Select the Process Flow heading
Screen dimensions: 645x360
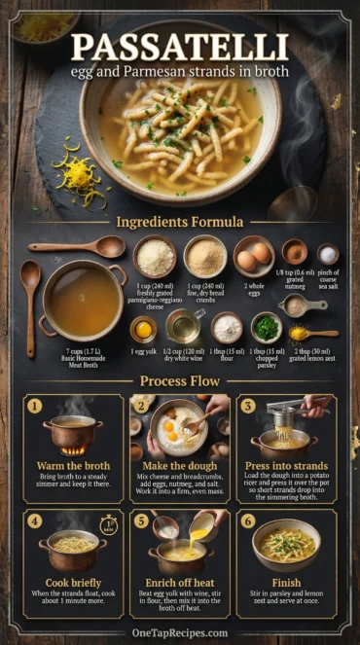[x=179, y=381]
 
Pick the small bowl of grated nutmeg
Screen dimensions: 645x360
[x=295, y=253]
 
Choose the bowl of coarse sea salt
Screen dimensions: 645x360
[x=328, y=255]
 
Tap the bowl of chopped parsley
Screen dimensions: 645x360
[x=267, y=326]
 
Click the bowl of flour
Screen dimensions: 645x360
[x=228, y=327]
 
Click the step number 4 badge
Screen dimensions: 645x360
[x=35, y=520]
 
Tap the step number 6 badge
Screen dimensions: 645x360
[x=247, y=520]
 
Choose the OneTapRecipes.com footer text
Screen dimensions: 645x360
[x=180, y=631]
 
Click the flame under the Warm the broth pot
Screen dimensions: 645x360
[x=72, y=450]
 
